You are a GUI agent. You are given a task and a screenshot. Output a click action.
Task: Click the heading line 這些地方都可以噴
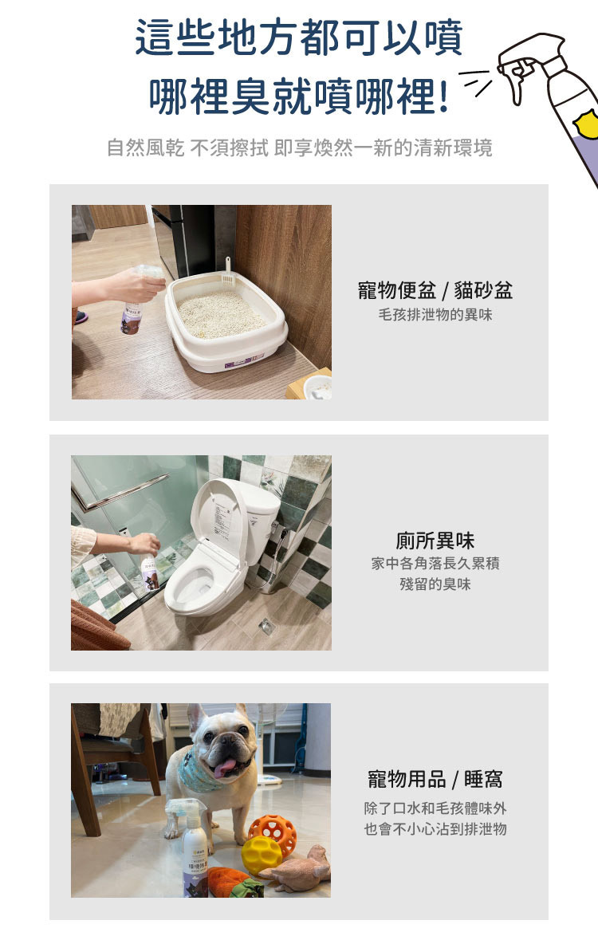pos(299,37)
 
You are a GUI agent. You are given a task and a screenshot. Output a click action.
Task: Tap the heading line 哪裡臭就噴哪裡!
pos(298,96)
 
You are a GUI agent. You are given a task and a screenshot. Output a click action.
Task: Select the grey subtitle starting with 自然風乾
pos(299,147)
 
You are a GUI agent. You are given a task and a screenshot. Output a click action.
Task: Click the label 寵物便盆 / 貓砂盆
pos(435,290)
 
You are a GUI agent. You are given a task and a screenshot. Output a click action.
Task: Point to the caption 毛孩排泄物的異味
pos(435,315)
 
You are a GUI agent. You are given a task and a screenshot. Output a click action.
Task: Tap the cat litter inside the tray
pos(221,313)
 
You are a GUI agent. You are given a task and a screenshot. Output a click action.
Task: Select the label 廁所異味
pos(435,540)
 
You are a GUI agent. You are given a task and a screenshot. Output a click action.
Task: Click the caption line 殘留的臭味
pos(435,584)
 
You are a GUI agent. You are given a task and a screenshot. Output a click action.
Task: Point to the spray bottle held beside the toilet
pos(149,570)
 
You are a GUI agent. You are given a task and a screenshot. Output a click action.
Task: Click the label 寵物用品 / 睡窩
pos(435,779)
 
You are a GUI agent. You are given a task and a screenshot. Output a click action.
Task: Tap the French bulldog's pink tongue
pos(224,767)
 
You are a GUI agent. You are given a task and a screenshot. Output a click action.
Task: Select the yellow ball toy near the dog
pos(262,855)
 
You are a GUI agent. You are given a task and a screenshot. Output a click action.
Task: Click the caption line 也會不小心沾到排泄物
pos(435,829)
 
